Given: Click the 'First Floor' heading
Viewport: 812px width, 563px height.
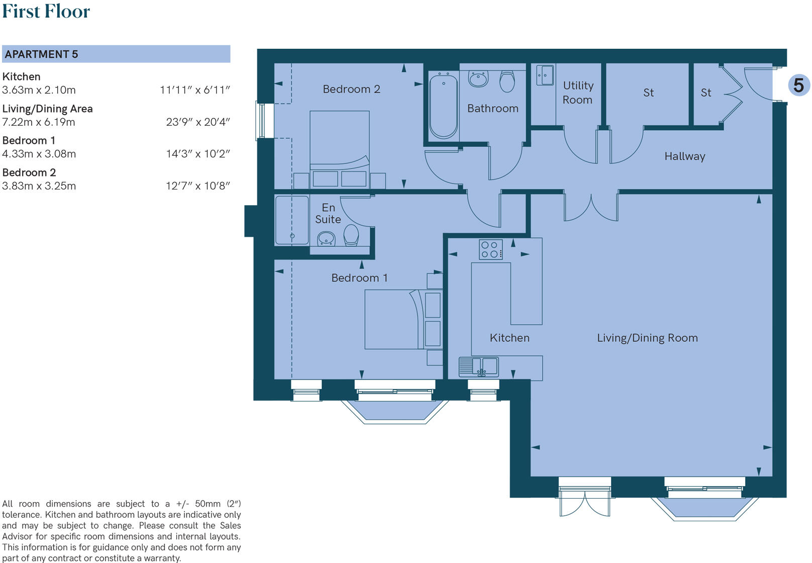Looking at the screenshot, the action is click(x=46, y=11).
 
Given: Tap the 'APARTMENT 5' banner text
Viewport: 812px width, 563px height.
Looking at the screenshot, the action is click(x=41, y=54).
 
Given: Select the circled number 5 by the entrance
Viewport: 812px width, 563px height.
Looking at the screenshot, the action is click(x=798, y=85).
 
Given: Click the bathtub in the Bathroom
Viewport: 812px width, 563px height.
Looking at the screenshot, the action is click(x=443, y=106).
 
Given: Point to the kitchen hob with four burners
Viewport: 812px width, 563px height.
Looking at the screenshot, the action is click(x=490, y=249).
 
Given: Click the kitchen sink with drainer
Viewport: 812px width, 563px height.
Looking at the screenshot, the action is click(x=478, y=367).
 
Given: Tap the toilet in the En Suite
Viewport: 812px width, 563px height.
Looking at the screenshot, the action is click(x=351, y=235).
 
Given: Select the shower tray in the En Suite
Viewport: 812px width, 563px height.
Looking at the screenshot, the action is click(x=292, y=220).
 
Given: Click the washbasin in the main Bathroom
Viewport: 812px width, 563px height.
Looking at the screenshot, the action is click(x=478, y=79).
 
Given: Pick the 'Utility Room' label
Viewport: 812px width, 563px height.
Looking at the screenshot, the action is click(x=578, y=92).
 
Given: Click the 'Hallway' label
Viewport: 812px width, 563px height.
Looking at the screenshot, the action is click(x=685, y=156).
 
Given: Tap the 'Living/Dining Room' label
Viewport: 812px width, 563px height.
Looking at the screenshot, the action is click(x=647, y=338).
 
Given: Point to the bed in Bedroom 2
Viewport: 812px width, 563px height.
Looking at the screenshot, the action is click(x=340, y=149).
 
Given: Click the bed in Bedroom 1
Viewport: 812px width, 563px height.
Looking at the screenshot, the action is click(x=403, y=319).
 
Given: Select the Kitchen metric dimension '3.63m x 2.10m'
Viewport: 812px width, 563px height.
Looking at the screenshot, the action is click(x=39, y=90).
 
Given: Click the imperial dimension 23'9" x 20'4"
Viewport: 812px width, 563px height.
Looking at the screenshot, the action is click(x=198, y=122).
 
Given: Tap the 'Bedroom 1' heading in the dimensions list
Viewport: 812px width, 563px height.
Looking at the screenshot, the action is click(x=29, y=140).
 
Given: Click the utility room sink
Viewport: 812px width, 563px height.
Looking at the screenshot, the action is click(x=545, y=75).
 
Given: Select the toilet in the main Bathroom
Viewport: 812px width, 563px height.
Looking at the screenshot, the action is click(x=507, y=81).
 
